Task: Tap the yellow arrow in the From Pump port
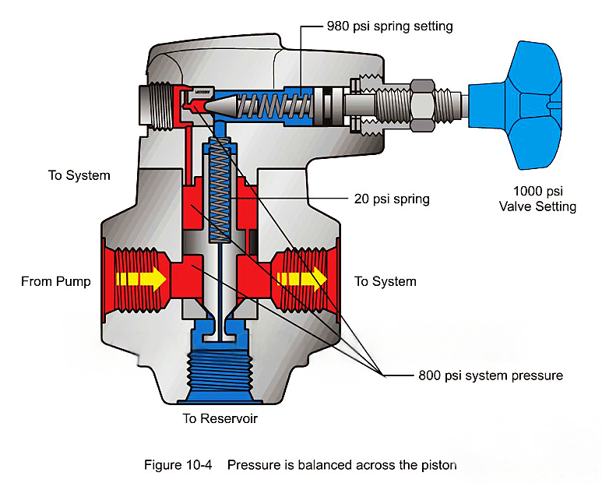[139, 279]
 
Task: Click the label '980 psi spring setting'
[389, 26]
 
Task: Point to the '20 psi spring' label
[391, 199]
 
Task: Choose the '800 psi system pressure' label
[491, 375]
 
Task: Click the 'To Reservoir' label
[220, 418]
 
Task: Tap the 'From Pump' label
[55, 281]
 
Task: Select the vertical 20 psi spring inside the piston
[221, 191]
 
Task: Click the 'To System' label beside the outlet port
[385, 281]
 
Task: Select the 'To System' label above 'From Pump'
[79, 175]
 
